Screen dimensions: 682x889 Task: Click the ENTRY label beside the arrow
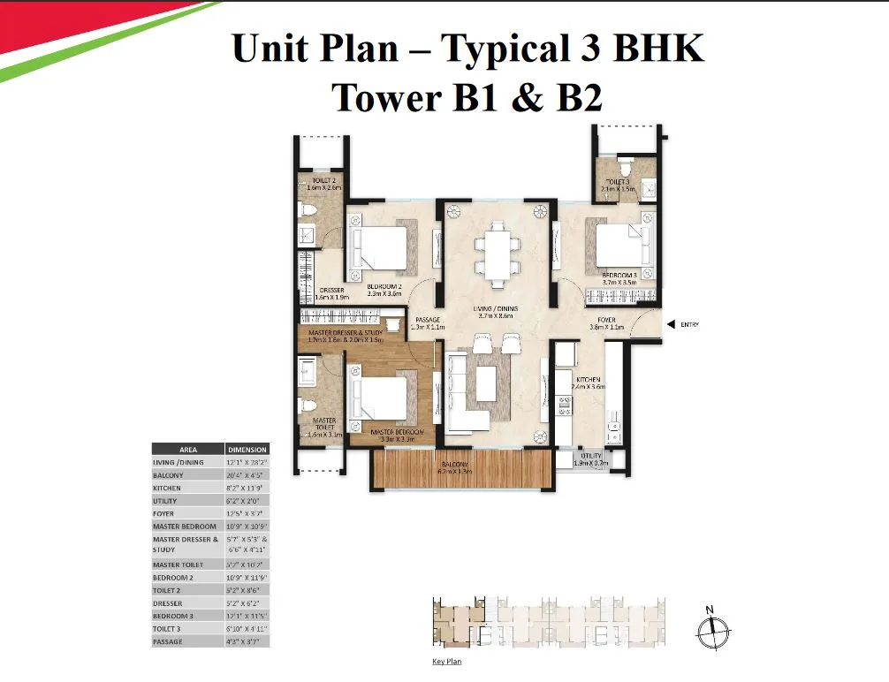click(x=689, y=325)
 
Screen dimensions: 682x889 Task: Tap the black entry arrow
click(x=671, y=324)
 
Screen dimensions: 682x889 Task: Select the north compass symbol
click(x=710, y=628)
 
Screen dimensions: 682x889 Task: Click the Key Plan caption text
click(x=446, y=661)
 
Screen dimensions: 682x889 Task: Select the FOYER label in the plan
click(x=606, y=320)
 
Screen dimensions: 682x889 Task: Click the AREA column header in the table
click(x=187, y=449)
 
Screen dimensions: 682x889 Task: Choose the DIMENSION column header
click(x=247, y=449)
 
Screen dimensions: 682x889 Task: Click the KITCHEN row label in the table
click(x=168, y=488)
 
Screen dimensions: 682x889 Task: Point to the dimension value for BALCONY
click(x=247, y=475)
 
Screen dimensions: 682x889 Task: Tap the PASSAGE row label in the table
click(x=168, y=641)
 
